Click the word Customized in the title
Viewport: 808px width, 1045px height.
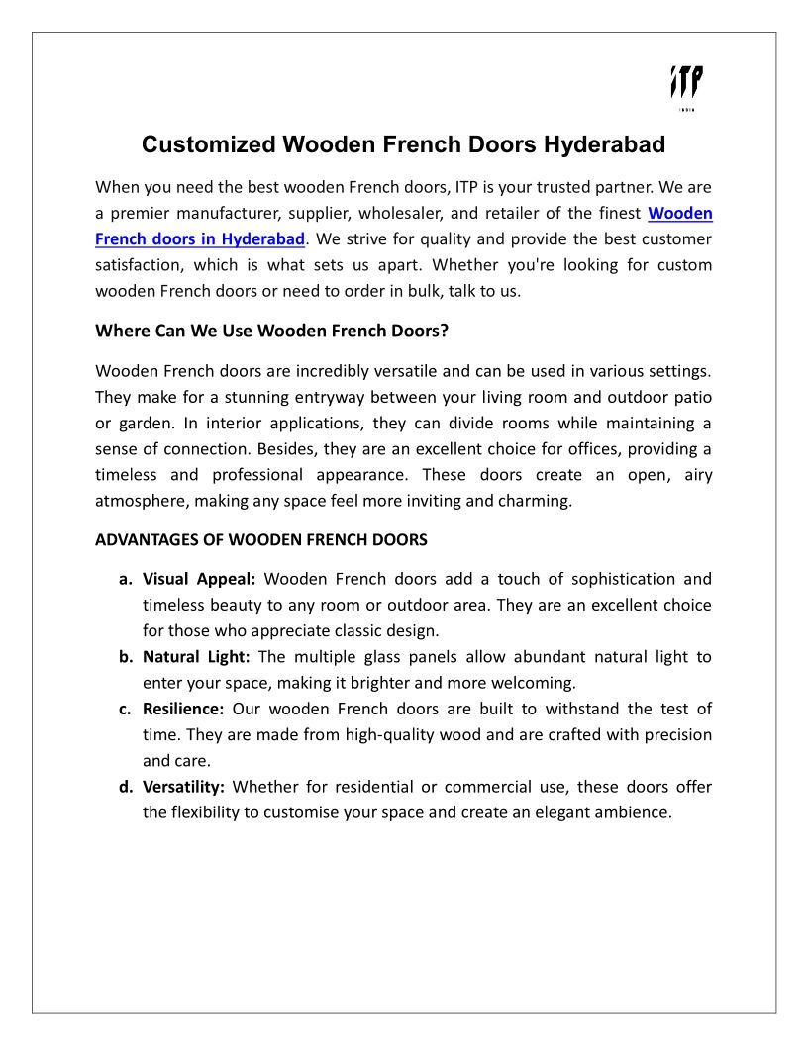tap(208, 144)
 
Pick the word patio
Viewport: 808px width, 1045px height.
tap(693, 398)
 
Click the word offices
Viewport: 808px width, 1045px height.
tap(540, 449)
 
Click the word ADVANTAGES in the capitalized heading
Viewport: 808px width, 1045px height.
tap(142, 540)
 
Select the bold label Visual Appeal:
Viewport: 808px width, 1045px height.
tap(199, 579)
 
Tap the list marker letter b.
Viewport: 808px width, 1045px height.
tap(126, 657)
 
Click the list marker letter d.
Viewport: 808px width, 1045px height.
tap(126, 787)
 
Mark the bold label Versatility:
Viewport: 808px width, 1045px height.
tap(184, 787)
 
